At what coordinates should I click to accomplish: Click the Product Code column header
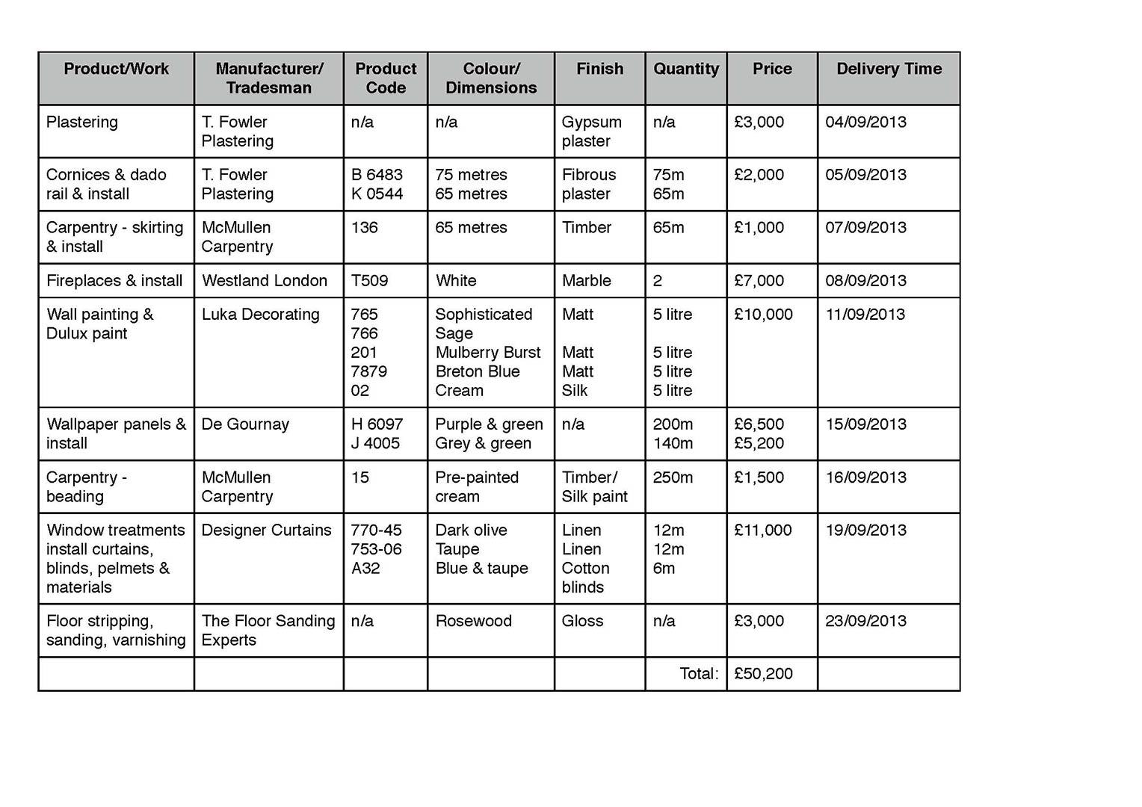click(386, 78)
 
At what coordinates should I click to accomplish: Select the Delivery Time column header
click(889, 69)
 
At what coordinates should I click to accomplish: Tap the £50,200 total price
click(763, 673)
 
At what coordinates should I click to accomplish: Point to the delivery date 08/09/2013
click(865, 280)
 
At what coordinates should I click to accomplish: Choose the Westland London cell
click(265, 280)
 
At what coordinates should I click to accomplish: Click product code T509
click(369, 280)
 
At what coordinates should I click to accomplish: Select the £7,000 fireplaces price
click(759, 280)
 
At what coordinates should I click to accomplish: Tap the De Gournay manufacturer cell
click(245, 424)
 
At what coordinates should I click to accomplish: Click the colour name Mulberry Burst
click(488, 352)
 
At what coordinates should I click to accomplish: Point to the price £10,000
click(763, 314)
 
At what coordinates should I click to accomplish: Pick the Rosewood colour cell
click(473, 620)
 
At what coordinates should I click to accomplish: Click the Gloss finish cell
click(582, 620)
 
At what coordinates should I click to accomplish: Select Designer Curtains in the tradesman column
click(266, 530)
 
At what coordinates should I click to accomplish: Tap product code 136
click(364, 227)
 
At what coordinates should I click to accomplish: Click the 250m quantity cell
click(673, 477)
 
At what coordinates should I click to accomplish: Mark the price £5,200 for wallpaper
click(759, 443)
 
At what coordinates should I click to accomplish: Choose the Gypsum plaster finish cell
click(591, 132)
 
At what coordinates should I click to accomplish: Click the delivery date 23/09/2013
click(865, 620)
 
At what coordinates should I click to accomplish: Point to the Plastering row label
click(82, 122)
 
